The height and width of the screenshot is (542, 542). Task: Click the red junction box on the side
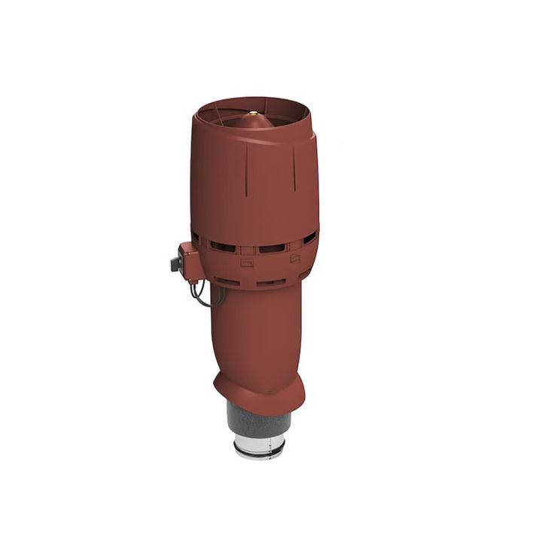(x=189, y=257)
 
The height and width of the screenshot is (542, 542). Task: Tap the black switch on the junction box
(x=175, y=263)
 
